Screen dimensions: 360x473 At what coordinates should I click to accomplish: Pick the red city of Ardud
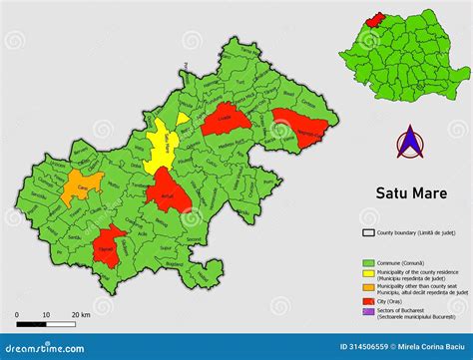pos(168,190)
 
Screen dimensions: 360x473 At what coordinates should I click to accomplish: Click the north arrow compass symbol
pos(409,146)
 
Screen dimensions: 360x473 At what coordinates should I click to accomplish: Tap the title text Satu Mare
pos(410,193)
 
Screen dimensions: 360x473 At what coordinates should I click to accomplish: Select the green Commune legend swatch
pos(368,262)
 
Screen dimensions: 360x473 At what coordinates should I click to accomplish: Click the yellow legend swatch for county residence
pos(368,272)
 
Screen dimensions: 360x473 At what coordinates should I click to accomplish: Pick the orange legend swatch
pos(368,286)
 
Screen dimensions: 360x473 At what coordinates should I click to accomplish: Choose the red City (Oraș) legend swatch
pos(368,300)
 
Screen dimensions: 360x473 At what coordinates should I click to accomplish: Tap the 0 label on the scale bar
pos(18,316)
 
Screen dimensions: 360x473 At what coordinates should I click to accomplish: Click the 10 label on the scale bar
pos(46,316)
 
